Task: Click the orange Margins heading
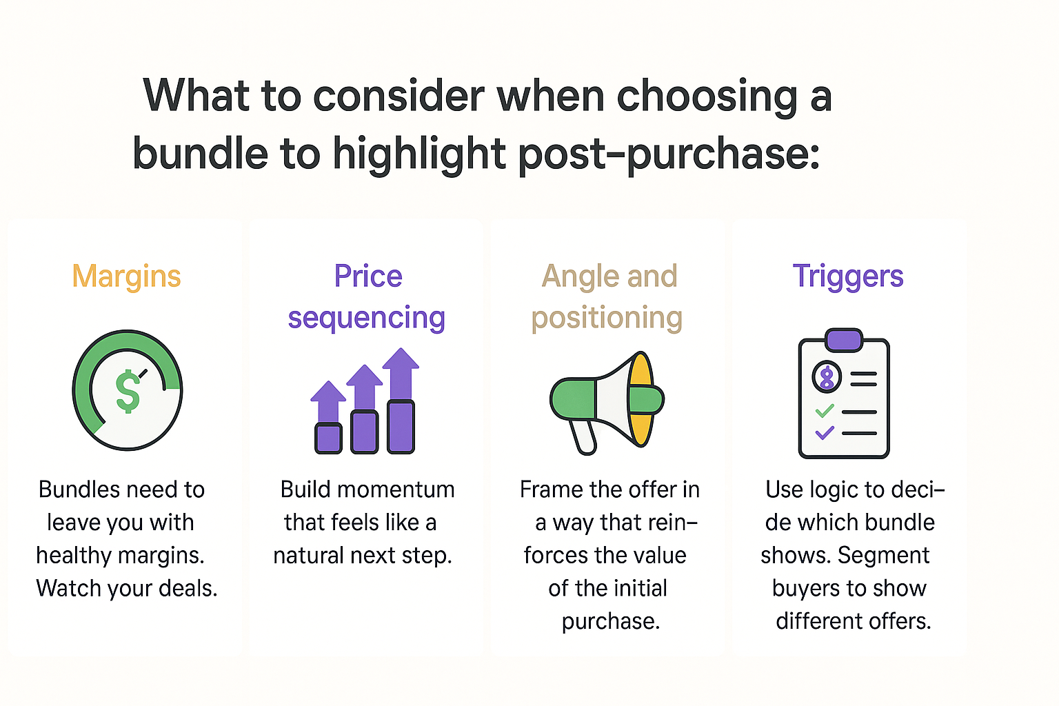point(126,276)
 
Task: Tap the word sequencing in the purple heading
point(366,319)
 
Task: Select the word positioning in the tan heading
point(607,319)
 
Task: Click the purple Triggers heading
point(848,276)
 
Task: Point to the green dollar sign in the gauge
point(128,391)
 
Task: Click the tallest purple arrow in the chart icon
point(401,374)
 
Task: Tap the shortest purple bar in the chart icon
point(328,438)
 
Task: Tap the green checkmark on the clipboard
point(825,410)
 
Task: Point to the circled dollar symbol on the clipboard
point(827,377)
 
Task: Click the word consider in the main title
point(399,97)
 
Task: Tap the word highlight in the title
point(419,154)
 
